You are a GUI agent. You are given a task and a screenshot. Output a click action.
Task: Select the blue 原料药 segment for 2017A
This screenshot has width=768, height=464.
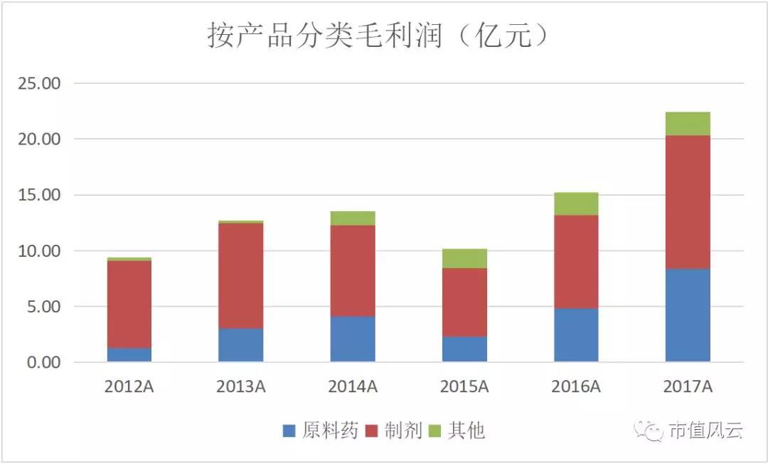point(688,315)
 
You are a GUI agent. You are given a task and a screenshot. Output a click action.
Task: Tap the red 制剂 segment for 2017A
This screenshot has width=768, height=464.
point(688,202)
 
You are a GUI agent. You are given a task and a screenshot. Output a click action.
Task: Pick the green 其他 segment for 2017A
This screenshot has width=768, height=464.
point(688,124)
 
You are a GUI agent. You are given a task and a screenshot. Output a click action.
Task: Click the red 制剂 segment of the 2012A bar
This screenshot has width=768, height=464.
point(129,304)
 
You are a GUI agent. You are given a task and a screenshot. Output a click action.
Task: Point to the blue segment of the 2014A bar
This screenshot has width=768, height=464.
point(353,339)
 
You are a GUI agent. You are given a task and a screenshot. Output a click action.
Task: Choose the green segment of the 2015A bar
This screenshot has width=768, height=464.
point(464,258)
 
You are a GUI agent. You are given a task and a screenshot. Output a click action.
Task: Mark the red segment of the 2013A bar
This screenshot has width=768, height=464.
point(241,275)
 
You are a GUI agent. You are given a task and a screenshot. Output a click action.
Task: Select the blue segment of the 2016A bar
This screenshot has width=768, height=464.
point(576,335)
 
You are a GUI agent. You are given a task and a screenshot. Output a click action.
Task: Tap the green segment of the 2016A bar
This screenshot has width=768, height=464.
point(576,204)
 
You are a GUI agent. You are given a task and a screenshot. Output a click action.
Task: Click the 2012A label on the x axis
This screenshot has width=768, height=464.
point(129,387)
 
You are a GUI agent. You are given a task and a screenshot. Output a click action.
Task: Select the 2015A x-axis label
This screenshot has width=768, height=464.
point(464,387)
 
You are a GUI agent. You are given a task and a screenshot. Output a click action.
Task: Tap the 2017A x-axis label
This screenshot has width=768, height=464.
point(688,387)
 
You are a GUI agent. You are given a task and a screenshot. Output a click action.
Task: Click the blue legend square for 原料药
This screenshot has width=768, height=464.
point(289,431)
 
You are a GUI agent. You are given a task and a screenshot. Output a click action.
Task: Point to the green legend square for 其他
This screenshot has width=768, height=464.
point(435,431)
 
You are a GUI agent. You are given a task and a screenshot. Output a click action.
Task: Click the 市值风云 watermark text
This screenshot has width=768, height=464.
point(705,431)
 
